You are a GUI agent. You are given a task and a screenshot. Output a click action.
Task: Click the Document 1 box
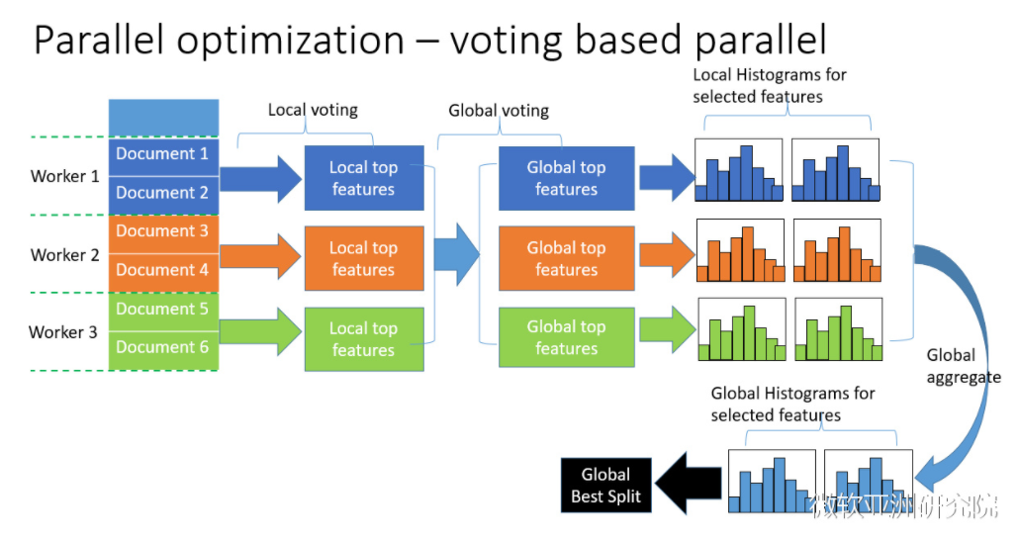pos(163,155)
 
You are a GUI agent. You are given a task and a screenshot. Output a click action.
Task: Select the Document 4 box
pos(163,270)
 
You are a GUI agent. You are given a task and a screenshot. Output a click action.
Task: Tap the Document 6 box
pos(163,348)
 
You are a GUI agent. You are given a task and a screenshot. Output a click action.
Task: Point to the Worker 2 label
pos(65,255)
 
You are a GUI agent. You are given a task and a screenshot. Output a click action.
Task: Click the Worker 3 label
pos(63,332)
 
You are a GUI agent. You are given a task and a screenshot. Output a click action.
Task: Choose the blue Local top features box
pos(363,179)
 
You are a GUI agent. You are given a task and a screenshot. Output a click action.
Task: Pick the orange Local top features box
pos(363,259)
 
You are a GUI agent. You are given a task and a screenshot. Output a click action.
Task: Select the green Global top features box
pos(566,338)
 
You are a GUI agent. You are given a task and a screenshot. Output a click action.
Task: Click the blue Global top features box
pos(566,179)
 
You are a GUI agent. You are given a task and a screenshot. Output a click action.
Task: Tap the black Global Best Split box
pos(606,486)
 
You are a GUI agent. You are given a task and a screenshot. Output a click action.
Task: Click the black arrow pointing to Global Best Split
pos(690,485)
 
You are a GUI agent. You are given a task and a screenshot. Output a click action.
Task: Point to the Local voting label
pos(313,110)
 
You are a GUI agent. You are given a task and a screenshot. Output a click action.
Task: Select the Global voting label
pos(499,111)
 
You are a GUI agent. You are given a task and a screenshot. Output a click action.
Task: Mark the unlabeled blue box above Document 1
pos(163,118)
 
